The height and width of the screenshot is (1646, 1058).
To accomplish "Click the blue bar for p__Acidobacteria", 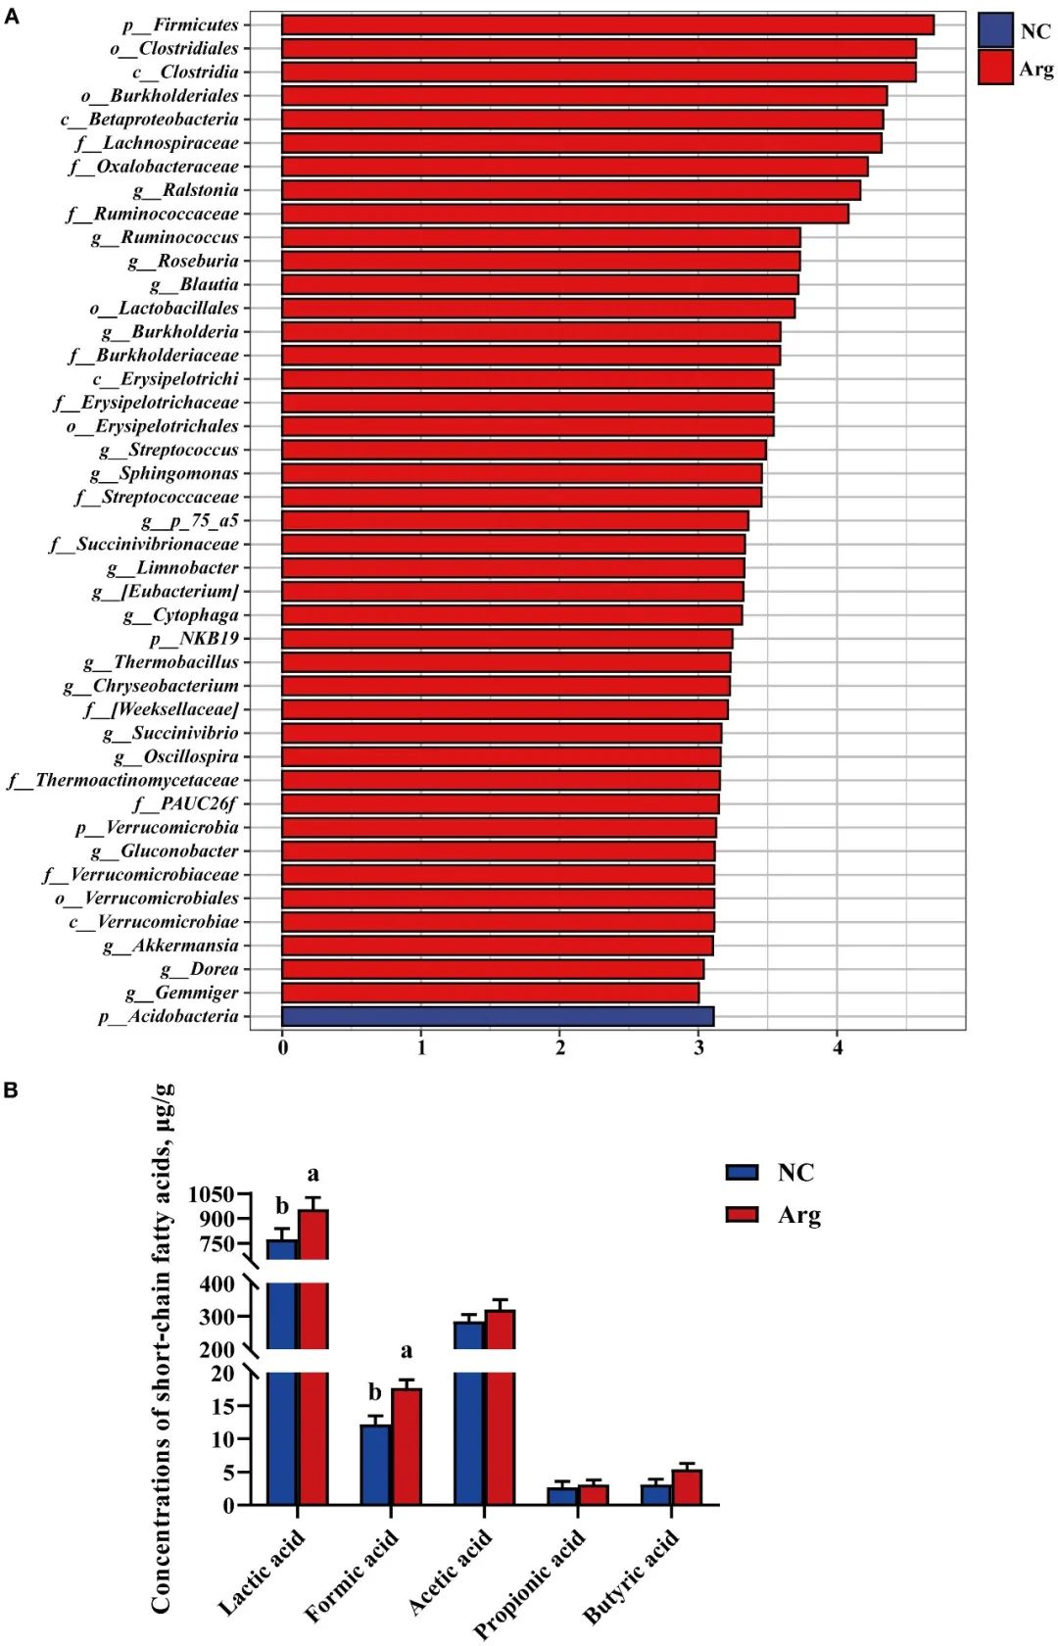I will (x=498, y=1016).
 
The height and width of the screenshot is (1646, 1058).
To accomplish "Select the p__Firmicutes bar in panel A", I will (x=607, y=24).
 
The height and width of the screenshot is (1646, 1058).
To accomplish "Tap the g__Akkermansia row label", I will (x=170, y=945).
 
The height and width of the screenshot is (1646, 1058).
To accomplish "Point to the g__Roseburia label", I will (x=183, y=261).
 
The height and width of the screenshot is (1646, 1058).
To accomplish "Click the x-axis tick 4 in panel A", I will (x=838, y=1047).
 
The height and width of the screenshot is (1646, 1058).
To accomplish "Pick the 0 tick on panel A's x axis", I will (x=283, y=1047).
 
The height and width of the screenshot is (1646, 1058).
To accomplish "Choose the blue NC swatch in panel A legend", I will (x=995, y=30).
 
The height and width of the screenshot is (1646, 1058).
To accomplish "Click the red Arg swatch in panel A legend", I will (x=995, y=68).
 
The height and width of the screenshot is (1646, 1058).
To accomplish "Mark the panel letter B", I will (x=11, y=1090).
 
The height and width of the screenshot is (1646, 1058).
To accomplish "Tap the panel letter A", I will (x=11, y=15).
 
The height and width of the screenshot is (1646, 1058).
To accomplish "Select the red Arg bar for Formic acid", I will (x=407, y=1446).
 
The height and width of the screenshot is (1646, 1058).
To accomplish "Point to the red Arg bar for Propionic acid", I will (x=594, y=1494).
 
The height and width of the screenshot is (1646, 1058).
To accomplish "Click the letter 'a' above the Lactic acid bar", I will (x=313, y=1174).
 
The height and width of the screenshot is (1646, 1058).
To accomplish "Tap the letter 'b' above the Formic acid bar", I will (x=375, y=1392).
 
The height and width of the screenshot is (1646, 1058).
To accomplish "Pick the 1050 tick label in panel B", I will (x=212, y=1194).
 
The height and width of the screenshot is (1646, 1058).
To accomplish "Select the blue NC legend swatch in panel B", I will (x=743, y=1173).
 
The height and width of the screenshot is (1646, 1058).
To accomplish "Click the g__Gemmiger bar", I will (x=490, y=992).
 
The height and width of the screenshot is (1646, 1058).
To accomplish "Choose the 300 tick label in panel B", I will (x=216, y=1317).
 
